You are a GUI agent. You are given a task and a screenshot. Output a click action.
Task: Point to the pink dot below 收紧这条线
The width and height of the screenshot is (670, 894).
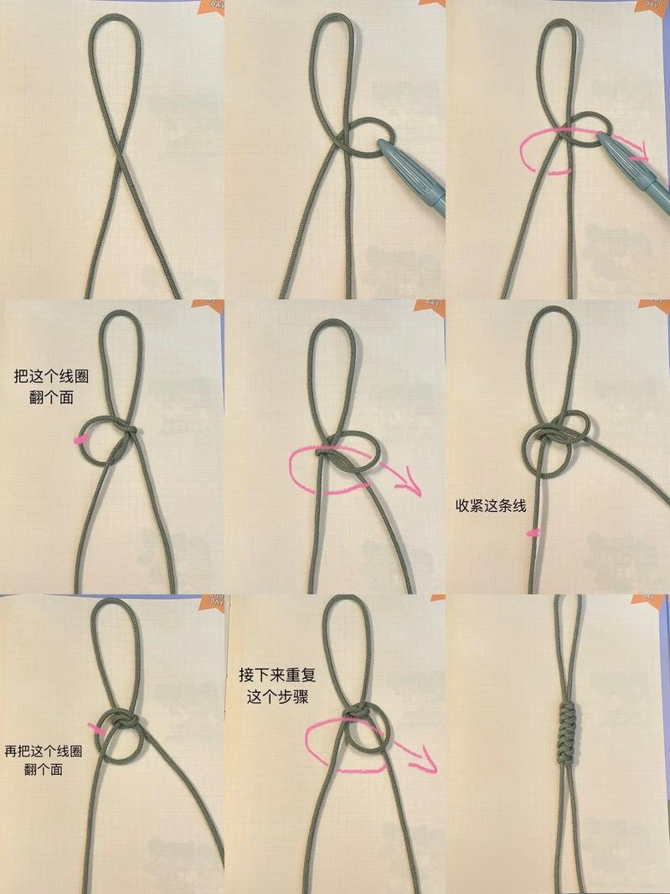point(531,532)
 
